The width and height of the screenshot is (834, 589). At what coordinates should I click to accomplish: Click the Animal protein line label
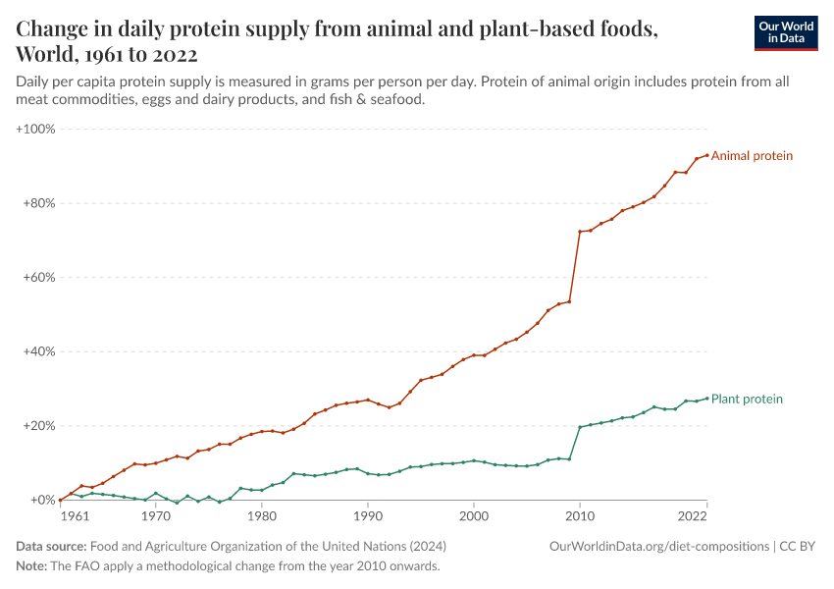[752, 156]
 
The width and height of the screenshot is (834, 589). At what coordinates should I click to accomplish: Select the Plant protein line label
[747, 400]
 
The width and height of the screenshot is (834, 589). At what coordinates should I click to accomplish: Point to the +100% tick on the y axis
[36, 130]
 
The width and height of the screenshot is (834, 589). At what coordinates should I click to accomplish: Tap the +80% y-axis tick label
[39, 204]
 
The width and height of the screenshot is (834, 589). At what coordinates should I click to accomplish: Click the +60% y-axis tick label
[39, 278]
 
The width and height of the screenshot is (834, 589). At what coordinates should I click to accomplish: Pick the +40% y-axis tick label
[39, 351]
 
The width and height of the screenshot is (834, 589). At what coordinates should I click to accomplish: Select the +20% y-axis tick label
[39, 426]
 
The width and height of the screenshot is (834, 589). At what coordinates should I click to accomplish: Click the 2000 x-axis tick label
[474, 515]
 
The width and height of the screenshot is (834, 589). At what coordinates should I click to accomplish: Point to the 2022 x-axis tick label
[692, 515]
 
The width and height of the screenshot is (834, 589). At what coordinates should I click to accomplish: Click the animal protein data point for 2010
[580, 232]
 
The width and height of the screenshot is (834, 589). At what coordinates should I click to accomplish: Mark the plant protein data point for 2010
[580, 427]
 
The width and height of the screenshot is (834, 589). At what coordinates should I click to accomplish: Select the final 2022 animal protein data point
[706, 155]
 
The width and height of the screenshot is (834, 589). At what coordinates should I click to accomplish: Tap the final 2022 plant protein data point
[706, 398]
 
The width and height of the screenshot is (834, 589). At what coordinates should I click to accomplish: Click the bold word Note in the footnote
[31, 566]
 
